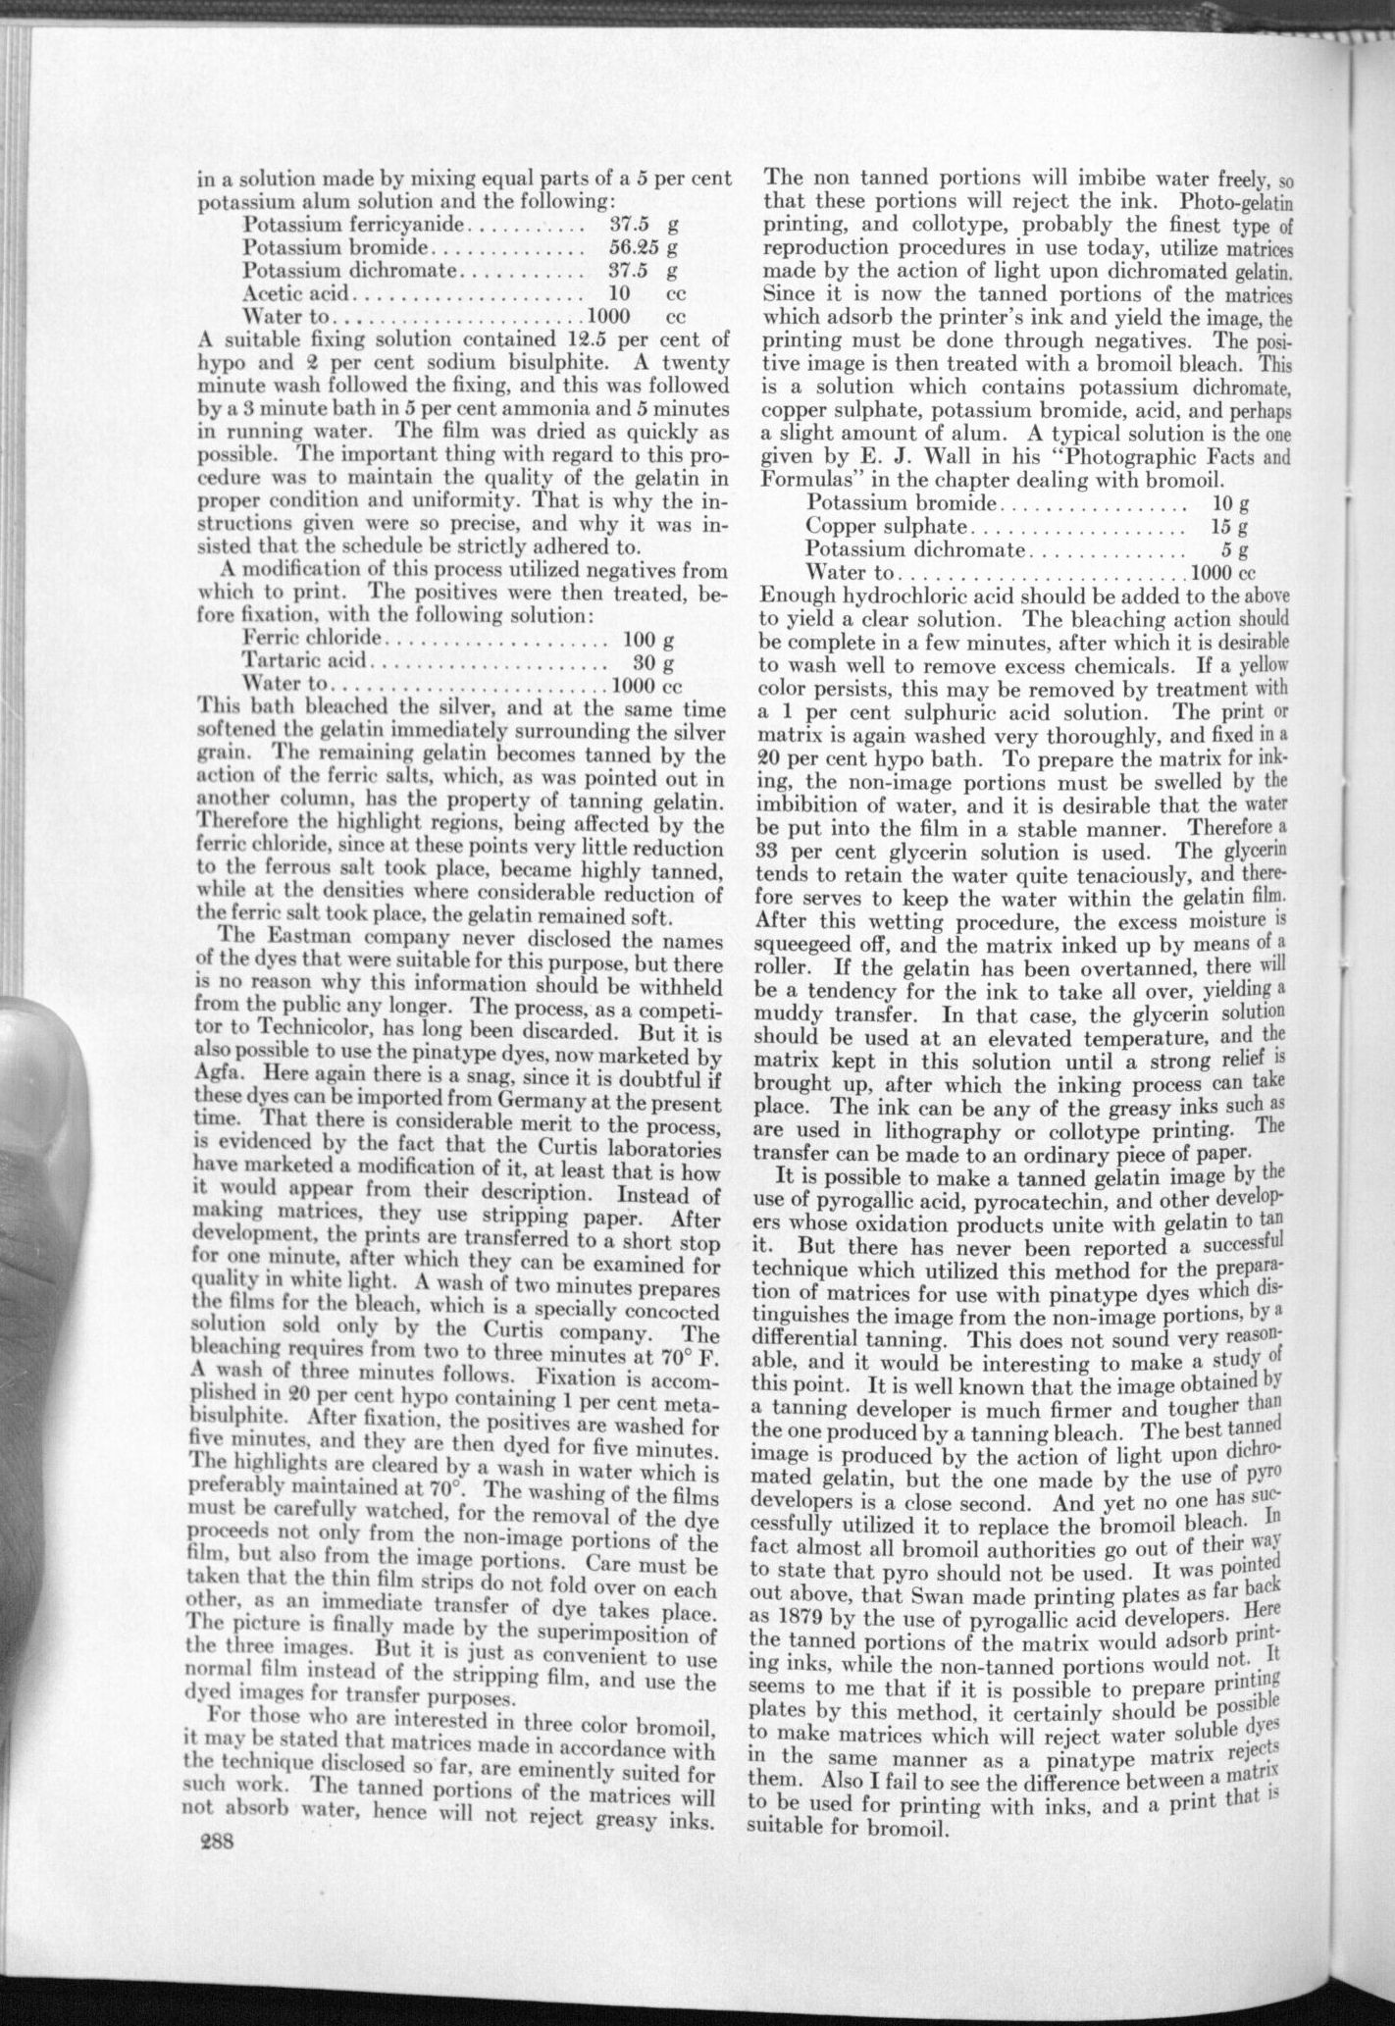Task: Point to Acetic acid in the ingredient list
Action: pyautogui.click(x=295, y=293)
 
